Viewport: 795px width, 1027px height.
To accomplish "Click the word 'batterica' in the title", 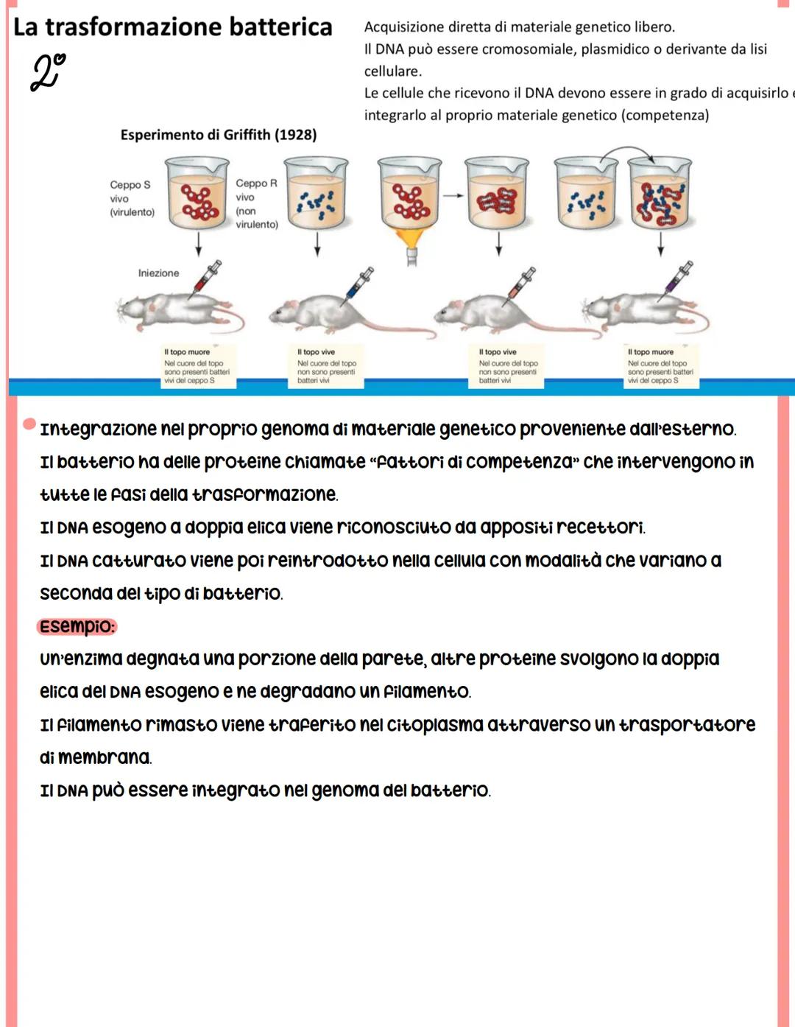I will [280, 27].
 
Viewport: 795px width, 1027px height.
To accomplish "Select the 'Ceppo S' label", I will [130, 185].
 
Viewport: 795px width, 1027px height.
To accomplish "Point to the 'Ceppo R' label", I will [256, 183].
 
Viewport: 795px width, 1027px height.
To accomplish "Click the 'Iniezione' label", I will [158, 273].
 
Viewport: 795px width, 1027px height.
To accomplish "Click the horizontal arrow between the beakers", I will [453, 195].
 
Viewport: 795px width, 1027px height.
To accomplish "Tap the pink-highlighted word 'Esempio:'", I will [77, 627].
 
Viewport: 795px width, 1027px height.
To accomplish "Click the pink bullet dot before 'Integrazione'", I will [29, 424].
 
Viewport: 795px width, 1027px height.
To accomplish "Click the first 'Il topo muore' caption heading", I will [187, 352].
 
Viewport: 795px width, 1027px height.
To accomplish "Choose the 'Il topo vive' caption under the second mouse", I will [316, 352].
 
